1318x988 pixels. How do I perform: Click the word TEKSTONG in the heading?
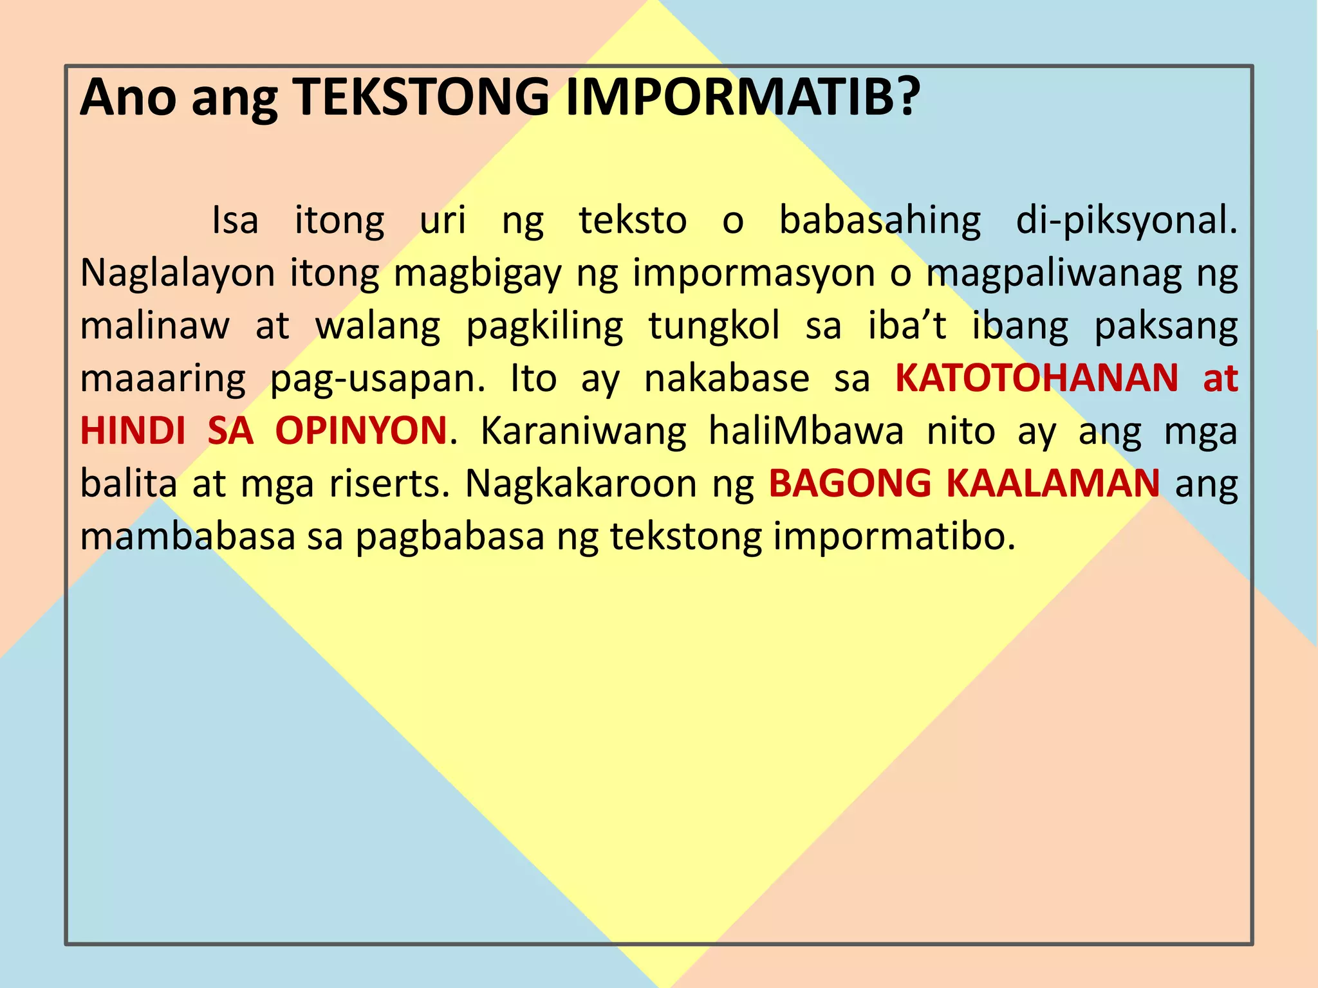click(x=422, y=97)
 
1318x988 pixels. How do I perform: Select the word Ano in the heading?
click(x=127, y=97)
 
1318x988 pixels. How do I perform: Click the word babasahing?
click(x=880, y=221)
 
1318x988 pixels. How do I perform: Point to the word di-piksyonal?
click(x=1126, y=221)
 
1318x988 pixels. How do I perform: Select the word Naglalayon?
click(x=178, y=274)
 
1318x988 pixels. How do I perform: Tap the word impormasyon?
click(x=754, y=274)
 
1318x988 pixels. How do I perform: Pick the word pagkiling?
click(x=544, y=327)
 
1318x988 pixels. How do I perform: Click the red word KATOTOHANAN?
click(x=1037, y=378)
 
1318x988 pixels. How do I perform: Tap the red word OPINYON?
click(x=361, y=431)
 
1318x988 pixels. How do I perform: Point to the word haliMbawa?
click(x=806, y=431)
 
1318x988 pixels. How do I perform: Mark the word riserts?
click(x=389, y=484)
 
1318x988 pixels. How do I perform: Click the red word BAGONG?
click(x=850, y=484)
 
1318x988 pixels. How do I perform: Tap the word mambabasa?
click(x=187, y=536)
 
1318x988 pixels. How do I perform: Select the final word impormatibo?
click(x=894, y=536)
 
